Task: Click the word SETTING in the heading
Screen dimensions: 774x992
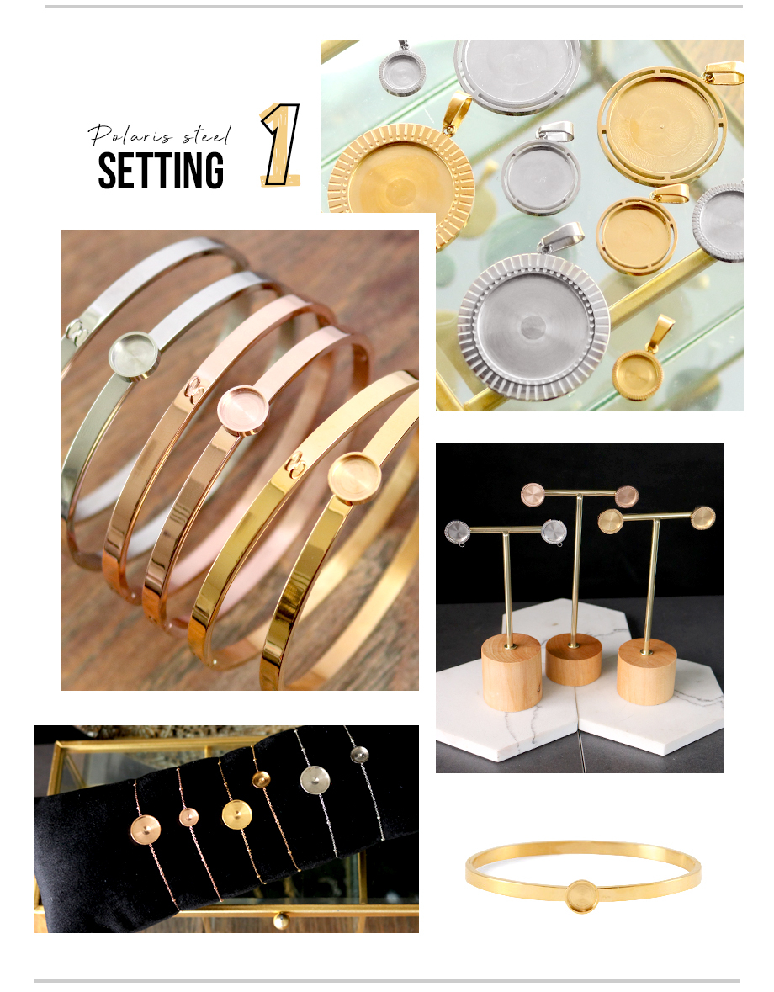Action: pyautogui.click(x=161, y=170)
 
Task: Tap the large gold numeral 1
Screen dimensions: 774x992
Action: pyautogui.click(x=281, y=145)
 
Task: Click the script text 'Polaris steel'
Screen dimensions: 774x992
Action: pyautogui.click(x=159, y=134)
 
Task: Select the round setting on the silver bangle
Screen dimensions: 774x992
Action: pyautogui.click(x=134, y=355)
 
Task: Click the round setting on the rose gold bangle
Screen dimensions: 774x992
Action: pyautogui.click(x=243, y=410)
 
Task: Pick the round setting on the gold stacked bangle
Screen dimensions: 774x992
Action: pyautogui.click(x=355, y=478)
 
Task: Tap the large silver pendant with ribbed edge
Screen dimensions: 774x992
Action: pyautogui.click(x=533, y=325)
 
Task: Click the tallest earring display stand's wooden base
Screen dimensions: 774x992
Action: pyautogui.click(x=574, y=659)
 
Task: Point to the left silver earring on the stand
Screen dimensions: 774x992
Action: pyautogui.click(x=457, y=533)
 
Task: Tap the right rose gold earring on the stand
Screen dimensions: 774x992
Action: pyautogui.click(x=627, y=496)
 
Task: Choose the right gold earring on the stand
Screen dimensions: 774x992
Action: pyautogui.click(x=702, y=517)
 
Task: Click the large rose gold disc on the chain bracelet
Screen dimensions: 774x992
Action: pyautogui.click(x=146, y=830)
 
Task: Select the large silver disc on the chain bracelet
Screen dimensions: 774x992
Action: pyautogui.click(x=315, y=780)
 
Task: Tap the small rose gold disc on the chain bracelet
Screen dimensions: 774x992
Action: pyautogui.click(x=188, y=817)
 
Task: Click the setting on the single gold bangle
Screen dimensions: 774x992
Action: pyautogui.click(x=582, y=896)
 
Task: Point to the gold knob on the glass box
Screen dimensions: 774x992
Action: pyautogui.click(x=281, y=920)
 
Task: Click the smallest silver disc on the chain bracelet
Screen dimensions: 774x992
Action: pyautogui.click(x=359, y=755)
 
